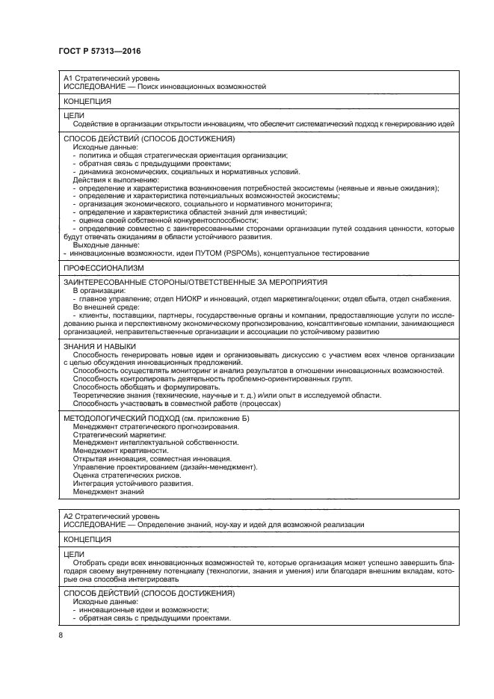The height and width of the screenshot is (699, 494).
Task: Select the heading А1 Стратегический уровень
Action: [111, 78]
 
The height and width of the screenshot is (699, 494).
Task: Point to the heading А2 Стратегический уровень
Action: [111, 516]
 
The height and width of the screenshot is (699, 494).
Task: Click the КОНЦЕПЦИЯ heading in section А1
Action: [87, 100]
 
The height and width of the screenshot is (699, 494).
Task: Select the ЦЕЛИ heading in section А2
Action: [74, 554]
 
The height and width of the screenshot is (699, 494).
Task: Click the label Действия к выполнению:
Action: [115, 180]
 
